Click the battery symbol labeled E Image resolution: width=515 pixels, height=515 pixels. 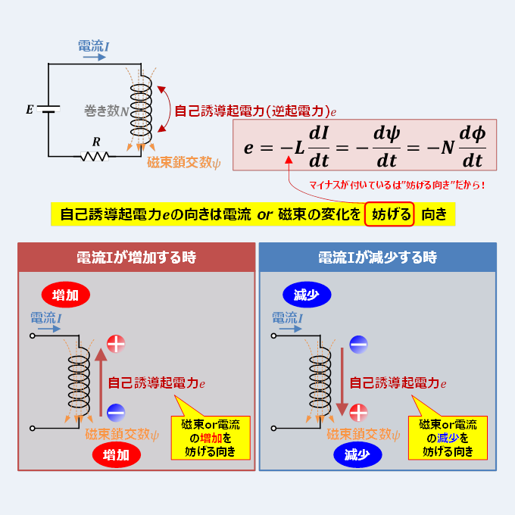point(49,111)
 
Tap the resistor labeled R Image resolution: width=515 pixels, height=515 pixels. point(95,156)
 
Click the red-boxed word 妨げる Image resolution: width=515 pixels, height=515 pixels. point(389,214)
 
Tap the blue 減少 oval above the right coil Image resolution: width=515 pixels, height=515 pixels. point(306,295)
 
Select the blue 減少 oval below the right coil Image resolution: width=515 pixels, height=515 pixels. point(356,455)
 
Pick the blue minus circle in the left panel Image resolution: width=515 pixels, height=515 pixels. point(116,413)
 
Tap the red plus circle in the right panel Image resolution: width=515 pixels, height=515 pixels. point(358,413)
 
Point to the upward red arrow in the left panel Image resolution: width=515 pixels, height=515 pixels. point(100,382)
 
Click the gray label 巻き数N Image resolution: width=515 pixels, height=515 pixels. point(106,111)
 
